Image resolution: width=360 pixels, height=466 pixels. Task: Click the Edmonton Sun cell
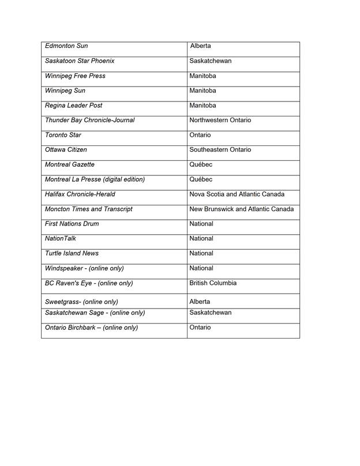click(x=67, y=46)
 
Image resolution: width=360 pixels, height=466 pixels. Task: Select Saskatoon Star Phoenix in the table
click(x=80, y=61)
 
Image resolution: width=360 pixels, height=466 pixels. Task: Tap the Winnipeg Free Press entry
click(x=75, y=76)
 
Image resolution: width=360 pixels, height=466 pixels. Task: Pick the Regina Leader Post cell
click(x=73, y=106)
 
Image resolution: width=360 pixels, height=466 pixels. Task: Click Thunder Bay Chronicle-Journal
click(x=89, y=121)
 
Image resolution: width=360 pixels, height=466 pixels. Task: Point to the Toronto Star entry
click(x=63, y=136)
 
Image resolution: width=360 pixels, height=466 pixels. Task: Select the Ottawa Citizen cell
click(x=66, y=150)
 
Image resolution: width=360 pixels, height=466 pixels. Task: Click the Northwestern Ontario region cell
click(x=220, y=121)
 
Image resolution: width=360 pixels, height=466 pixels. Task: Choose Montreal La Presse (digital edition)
click(x=95, y=180)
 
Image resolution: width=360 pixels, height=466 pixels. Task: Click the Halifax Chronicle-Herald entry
click(x=80, y=194)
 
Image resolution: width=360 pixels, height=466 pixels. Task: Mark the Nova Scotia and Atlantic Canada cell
click(x=237, y=194)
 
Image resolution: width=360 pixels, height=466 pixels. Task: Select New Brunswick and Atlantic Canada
click(x=242, y=209)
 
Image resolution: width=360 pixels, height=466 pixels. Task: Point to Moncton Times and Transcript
click(x=89, y=209)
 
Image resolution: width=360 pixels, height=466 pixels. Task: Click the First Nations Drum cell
click(x=72, y=224)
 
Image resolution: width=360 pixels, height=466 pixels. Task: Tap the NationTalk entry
click(x=61, y=239)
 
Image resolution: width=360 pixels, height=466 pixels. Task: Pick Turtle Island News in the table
click(x=72, y=254)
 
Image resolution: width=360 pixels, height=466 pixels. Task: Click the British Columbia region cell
click(x=213, y=284)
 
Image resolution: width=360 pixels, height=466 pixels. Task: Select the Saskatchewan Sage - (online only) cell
click(x=95, y=313)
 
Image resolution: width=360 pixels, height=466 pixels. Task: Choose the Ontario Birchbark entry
click(x=91, y=328)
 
